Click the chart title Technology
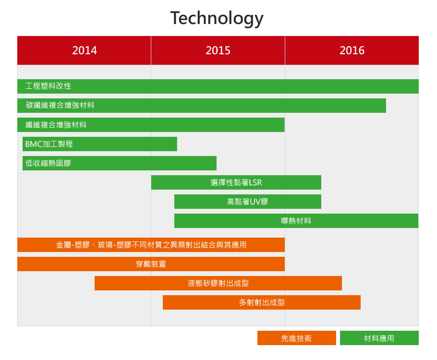pos(217,18)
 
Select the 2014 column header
pos(84,50)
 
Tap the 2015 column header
pos(218,50)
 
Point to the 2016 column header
pos(352,50)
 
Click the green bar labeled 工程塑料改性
pos(218,86)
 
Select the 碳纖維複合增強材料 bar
pos(202,106)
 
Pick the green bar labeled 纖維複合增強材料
pos(151,125)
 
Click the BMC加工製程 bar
pos(100,144)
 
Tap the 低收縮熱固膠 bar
pos(120,163)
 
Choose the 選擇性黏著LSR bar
pos(236,182)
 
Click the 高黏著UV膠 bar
pos(247,202)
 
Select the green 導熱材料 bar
pos(296,221)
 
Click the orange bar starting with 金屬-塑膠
pos(151,245)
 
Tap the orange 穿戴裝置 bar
pos(151,264)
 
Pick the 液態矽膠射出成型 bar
pos(218,283)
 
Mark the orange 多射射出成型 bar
pos(262,302)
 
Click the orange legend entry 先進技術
pos(297,338)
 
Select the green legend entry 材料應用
pos(379,338)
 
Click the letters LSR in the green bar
pos(255,182)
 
